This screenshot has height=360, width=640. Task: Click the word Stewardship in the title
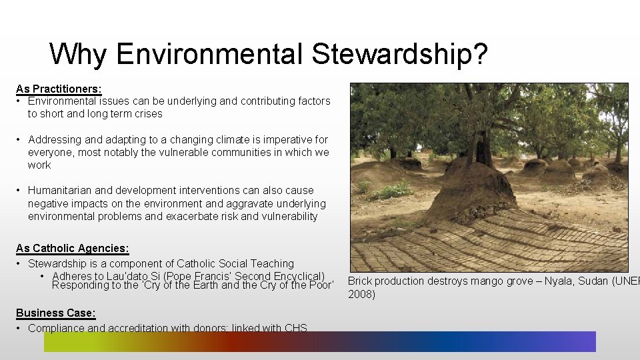tap(389, 54)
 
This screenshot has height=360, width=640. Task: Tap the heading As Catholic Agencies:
tap(73, 248)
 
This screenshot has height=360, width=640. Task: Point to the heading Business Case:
tap(56, 313)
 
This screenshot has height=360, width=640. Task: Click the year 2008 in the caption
tap(361, 294)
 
